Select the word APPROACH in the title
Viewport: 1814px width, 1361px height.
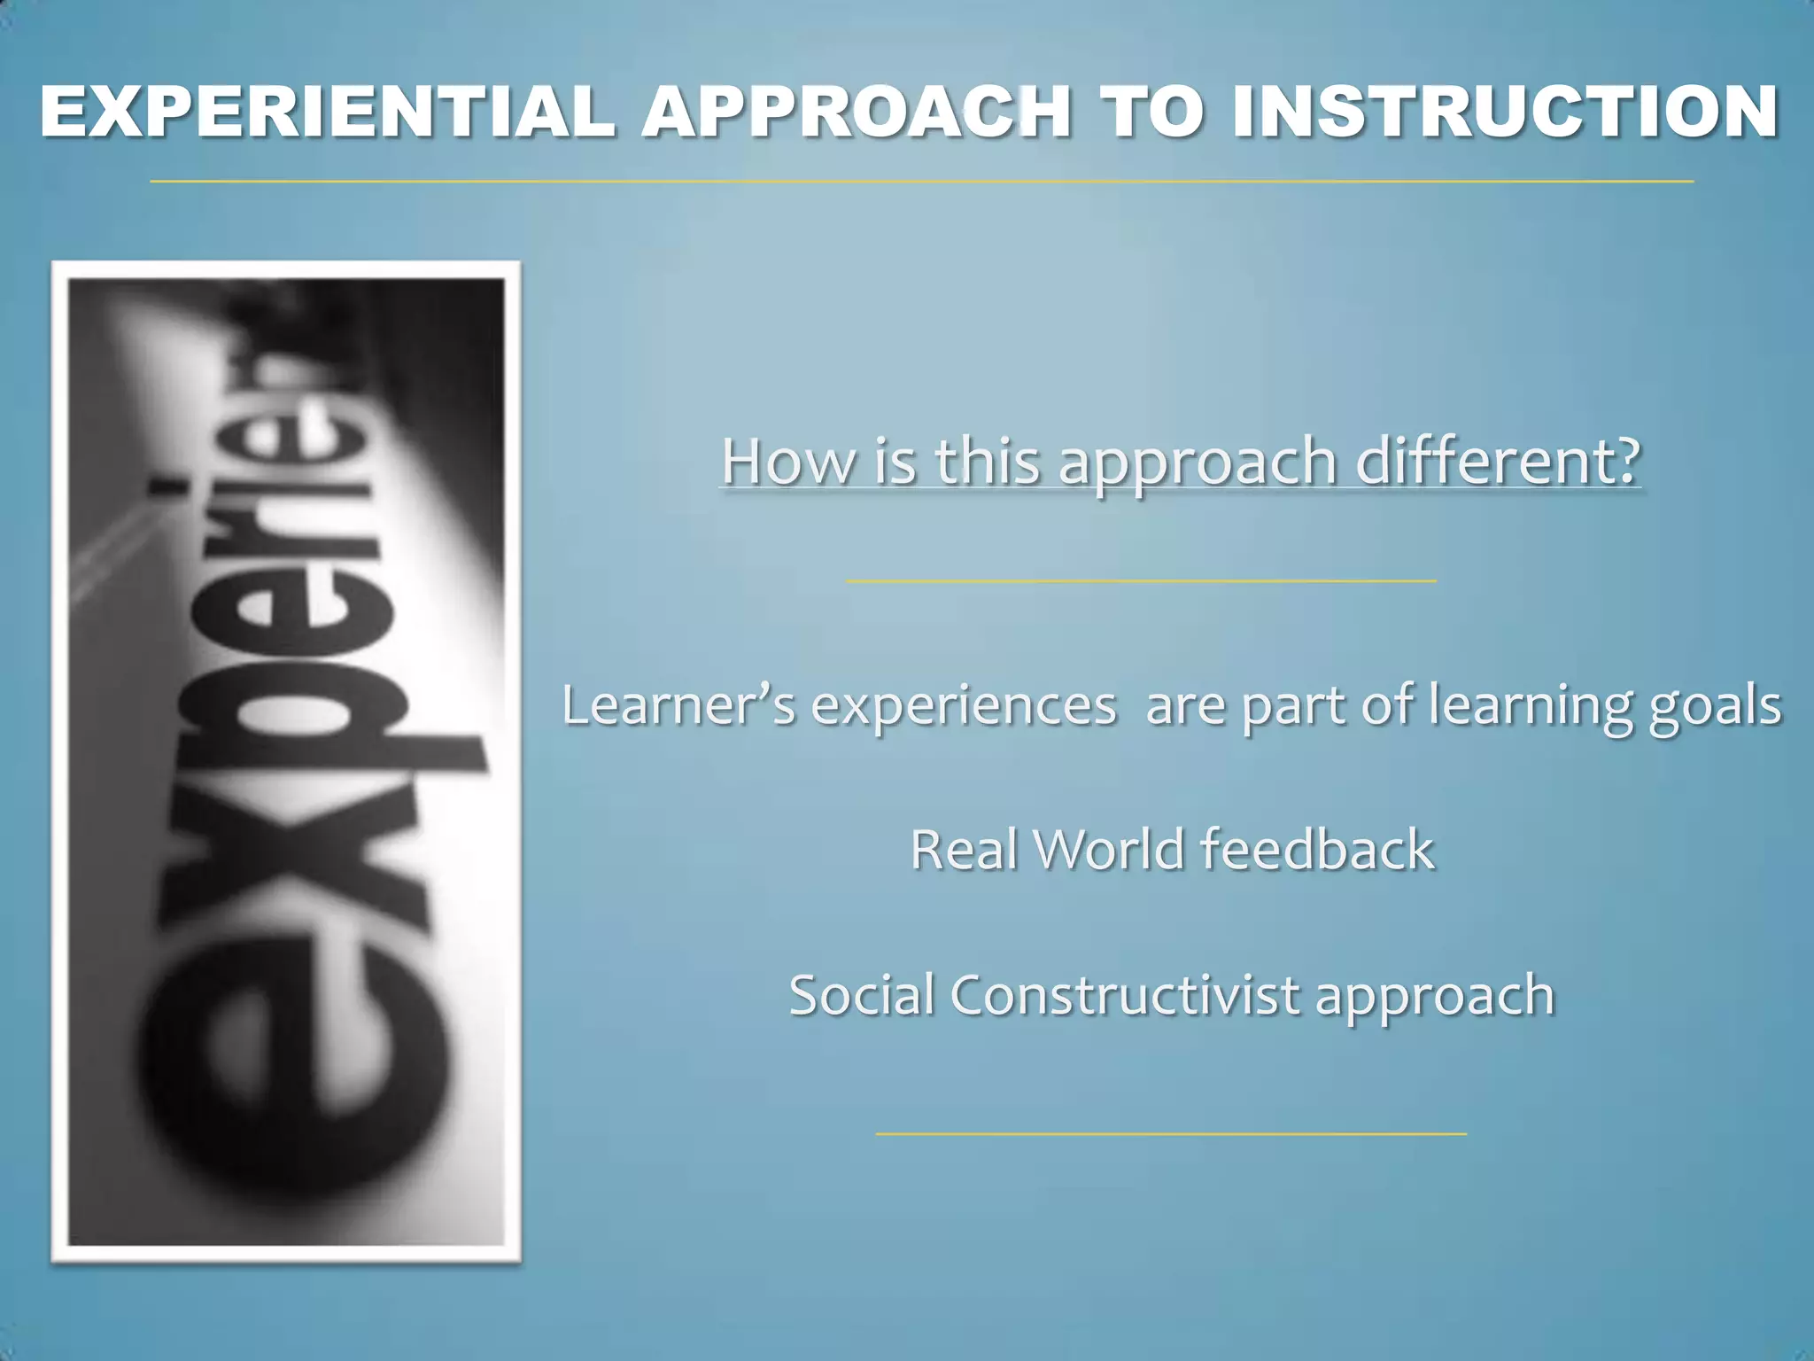(x=857, y=113)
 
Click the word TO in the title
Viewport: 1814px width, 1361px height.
(x=1151, y=113)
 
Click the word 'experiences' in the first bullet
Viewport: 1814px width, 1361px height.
(x=964, y=707)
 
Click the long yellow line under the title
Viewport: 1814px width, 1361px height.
(x=921, y=181)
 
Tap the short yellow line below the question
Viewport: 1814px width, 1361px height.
(x=1141, y=580)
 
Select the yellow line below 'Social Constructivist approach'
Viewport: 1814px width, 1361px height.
(x=1171, y=1133)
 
